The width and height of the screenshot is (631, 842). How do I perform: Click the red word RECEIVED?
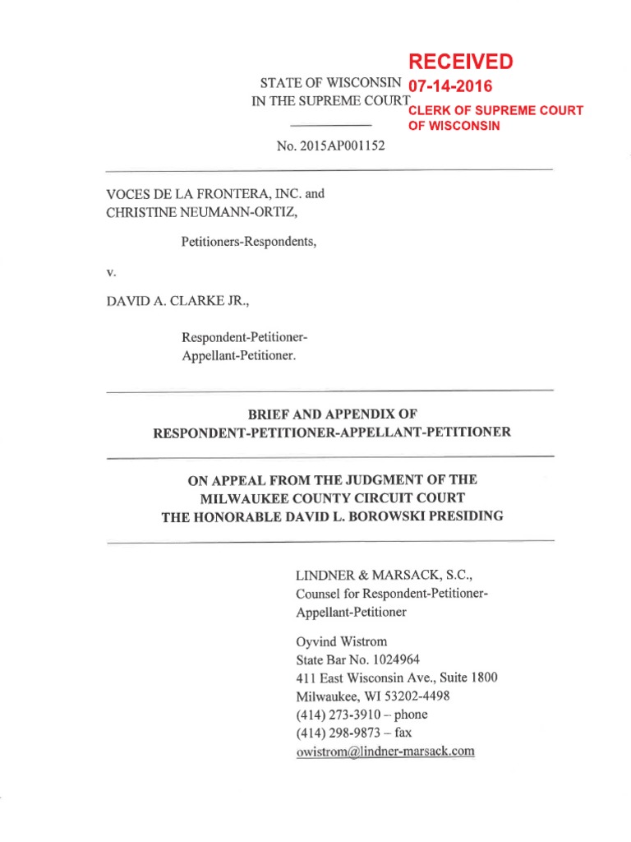tap(460, 62)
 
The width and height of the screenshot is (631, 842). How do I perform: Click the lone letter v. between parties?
tap(110, 270)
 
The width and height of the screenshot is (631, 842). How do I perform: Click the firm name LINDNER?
tap(325, 576)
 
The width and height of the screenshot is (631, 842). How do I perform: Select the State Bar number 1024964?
tap(398, 659)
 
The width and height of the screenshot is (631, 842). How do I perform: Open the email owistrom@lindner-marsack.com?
tap(385, 751)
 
